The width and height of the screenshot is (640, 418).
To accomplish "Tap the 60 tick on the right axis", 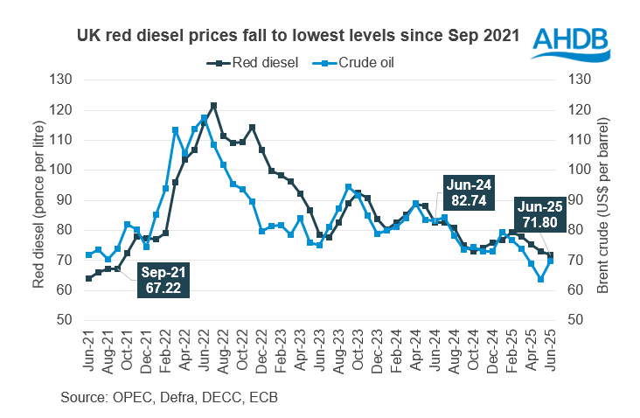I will pos(576,290).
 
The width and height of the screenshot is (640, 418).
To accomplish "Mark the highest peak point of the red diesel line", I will pos(213,106).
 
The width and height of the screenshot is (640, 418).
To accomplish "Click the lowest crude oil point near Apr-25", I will pos(541,280).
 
